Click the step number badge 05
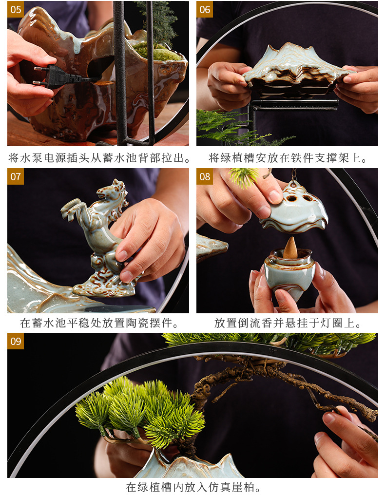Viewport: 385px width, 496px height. [16, 9]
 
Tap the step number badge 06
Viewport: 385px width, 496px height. [205, 9]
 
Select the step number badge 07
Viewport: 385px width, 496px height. [16, 176]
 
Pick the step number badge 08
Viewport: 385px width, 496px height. [205, 176]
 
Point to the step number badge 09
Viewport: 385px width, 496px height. [16, 341]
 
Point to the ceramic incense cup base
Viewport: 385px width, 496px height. [290, 275]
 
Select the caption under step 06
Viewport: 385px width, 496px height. [288, 158]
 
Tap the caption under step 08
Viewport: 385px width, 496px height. [288, 323]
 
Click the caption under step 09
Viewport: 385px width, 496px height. [194, 487]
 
